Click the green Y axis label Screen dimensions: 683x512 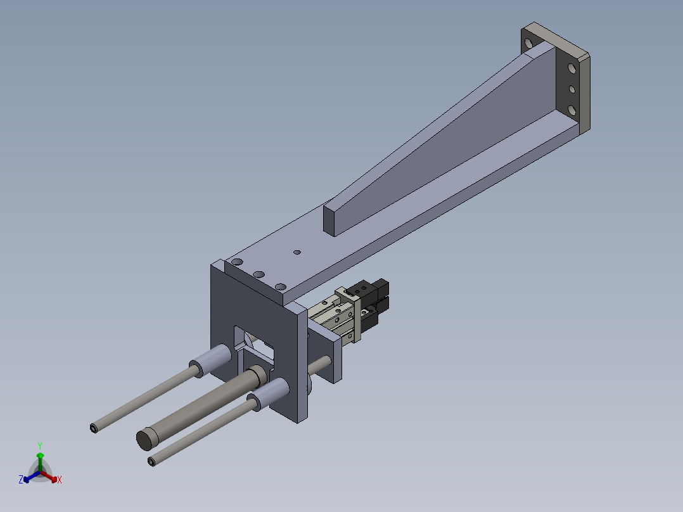[x=40, y=445]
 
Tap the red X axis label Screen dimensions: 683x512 [x=60, y=480]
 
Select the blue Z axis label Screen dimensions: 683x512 [x=21, y=480]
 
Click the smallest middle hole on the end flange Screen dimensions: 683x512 [x=572, y=89]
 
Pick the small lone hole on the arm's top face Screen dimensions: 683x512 [x=297, y=252]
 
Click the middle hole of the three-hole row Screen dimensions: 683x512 [x=259, y=274]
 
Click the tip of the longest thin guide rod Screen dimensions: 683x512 [x=94, y=429]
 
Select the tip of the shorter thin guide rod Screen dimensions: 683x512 [x=151, y=462]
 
